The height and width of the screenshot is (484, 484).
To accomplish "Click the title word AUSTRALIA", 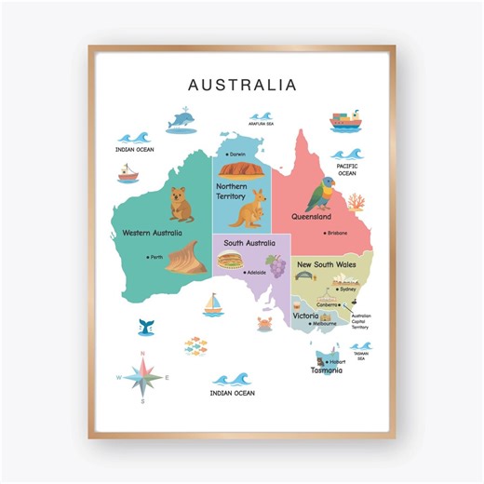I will pos(242,85).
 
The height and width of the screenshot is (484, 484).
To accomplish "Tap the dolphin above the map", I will pos(183,121).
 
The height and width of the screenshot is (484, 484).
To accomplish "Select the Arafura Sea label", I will pos(261,122).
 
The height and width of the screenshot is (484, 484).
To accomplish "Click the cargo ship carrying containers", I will pos(346,122).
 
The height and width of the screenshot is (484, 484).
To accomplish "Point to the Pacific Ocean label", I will pos(347,169).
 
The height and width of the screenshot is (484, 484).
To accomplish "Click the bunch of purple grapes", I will pos(274,261).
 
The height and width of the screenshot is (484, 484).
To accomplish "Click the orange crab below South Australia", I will pos(263,322).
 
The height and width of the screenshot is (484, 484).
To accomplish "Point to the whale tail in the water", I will pos(146,327).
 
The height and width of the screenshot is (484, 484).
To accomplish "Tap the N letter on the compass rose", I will pos(142,354).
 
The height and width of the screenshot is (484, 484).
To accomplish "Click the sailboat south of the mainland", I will pos(214,304).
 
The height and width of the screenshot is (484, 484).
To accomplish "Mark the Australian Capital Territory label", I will pos(360,320).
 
